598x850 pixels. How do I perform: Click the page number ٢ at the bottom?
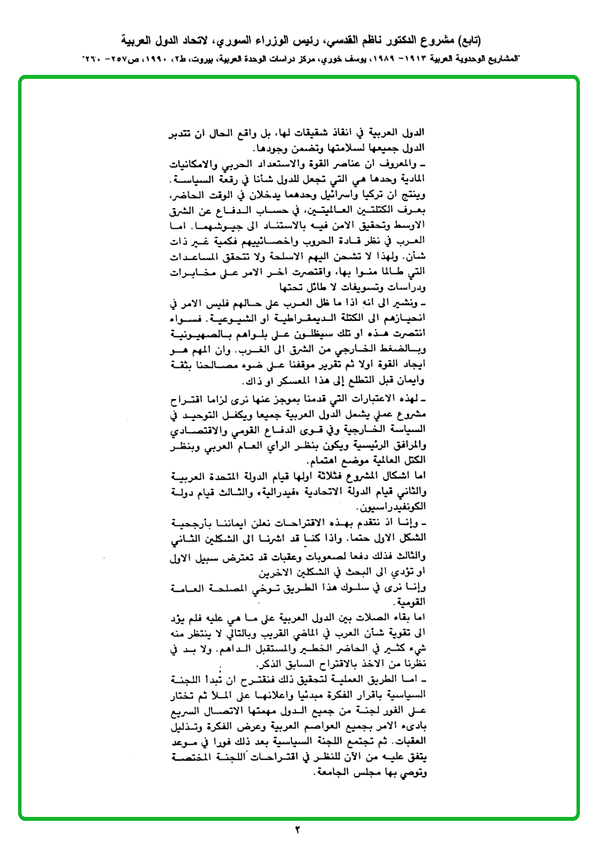tap(298, 829)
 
